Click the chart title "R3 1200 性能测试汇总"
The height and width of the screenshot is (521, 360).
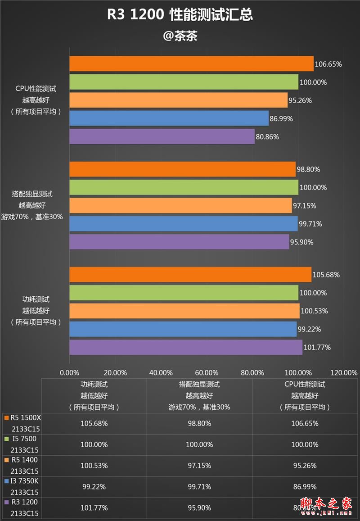(x=180, y=15)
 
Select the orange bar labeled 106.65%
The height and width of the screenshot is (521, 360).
(x=191, y=64)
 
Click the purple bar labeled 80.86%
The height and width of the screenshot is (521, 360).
(x=162, y=136)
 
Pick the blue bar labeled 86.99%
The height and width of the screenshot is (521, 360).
(x=169, y=118)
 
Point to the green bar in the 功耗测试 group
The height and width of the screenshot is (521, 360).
(x=184, y=293)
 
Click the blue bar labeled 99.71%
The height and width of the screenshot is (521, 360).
(x=184, y=224)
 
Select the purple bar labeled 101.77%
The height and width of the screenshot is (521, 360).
(x=185, y=347)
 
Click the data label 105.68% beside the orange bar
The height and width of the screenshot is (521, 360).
(x=326, y=275)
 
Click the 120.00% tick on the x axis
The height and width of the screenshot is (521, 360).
(x=344, y=372)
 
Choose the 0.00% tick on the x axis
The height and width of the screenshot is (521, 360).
(x=69, y=372)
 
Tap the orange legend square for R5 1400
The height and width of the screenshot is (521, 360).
(x=6, y=460)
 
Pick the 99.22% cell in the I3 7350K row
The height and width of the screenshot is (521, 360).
(x=94, y=487)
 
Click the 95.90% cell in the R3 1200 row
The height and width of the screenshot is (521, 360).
(x=199, y=508)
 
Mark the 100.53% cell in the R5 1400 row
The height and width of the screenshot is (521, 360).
(x=94, y=466)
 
